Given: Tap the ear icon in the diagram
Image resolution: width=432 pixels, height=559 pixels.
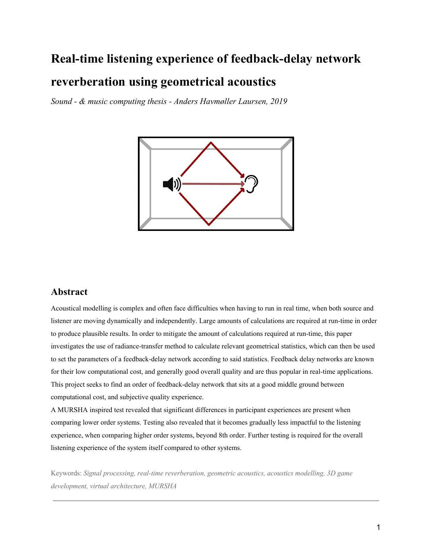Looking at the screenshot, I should (252, 184).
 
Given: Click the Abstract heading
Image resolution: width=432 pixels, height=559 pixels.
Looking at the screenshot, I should (69, 292).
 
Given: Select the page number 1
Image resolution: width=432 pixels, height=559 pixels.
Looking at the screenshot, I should (378, 527).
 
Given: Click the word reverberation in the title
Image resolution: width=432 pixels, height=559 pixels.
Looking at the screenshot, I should (88, 82).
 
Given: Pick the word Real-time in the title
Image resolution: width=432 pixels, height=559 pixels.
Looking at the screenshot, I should (77, 59).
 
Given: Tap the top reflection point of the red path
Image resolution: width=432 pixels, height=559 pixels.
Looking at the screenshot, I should (211, 143).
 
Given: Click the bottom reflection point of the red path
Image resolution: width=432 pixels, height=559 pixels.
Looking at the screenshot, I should (209, 224).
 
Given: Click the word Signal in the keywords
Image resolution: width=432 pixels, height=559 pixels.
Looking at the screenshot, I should (92, 473).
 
